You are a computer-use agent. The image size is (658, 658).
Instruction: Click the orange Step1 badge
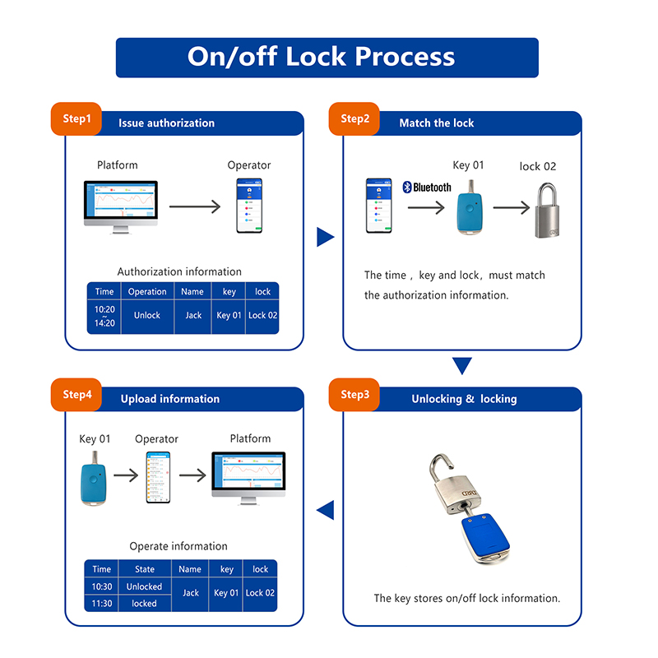point(76,118)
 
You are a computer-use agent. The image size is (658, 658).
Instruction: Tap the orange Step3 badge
point(354,395)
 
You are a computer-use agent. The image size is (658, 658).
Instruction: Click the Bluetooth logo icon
point(407,188)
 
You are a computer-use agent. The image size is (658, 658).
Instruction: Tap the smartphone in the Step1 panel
point(248,205)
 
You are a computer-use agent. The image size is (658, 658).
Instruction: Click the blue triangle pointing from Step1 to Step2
point(326,238)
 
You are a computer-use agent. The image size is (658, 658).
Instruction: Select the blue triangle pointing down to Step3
point(462,365)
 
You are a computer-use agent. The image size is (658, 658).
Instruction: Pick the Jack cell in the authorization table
point(192,315)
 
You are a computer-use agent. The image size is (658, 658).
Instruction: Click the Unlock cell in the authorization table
point(147,315)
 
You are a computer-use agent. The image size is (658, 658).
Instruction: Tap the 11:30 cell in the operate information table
point(102,603)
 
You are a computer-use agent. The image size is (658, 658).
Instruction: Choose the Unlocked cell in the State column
point(144,586)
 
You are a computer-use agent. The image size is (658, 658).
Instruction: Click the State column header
point(144,569)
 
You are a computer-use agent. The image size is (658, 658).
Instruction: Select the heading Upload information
point(170,399)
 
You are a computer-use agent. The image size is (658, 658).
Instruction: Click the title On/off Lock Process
point(322,57)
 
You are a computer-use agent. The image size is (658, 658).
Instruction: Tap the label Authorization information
point(179,271)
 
